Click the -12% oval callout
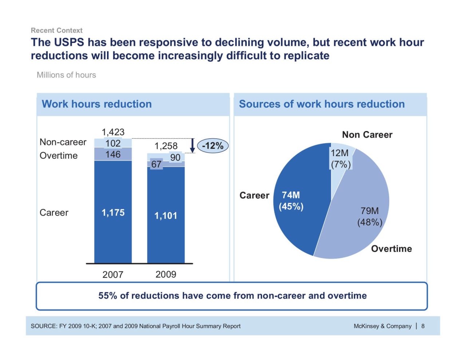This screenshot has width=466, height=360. [213, 146]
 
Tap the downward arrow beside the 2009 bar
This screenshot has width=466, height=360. [193, 146]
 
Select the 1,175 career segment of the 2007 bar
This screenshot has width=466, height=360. [113, 213]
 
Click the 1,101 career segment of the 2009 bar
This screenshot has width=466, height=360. [166, 215]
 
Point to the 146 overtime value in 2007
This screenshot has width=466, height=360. [113, 154]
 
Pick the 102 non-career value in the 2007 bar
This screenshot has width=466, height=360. [113, 143]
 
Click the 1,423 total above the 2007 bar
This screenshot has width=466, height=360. [113, 132]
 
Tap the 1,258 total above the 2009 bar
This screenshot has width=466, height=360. [166, 146]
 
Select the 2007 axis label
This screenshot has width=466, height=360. [113, 274]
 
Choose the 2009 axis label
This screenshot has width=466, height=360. [166, 274]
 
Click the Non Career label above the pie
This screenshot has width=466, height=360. [367, 135]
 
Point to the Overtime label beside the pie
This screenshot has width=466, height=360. [391, 249]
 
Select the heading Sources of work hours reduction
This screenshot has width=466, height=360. [321, 104]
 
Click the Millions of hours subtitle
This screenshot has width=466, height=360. [66, 75]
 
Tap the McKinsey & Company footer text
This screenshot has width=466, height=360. [382, 326]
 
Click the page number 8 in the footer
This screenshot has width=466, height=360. [423, 326]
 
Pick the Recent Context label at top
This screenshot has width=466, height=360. [56, 30]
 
